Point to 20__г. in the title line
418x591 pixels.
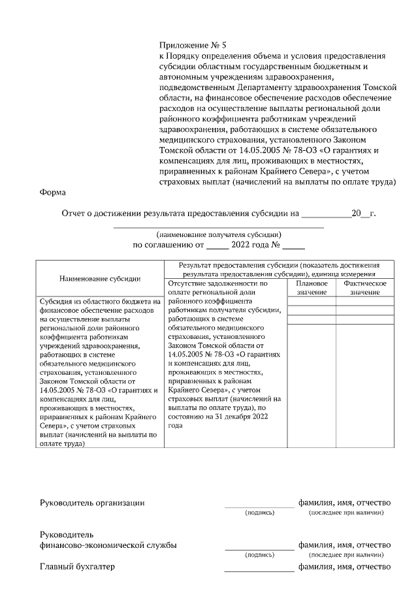tap(363, 213)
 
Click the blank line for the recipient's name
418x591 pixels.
tap(219, 226)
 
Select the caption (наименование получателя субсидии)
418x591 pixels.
tap(219, 234)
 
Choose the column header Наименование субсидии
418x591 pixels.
tap(100, 278)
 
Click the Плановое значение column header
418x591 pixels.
tap(312, 288)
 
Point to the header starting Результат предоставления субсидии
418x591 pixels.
tap(278, 270)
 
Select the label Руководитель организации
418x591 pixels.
tap(92, 503)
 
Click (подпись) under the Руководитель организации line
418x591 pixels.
tap(259, 513)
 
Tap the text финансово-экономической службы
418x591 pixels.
tap(108, 545)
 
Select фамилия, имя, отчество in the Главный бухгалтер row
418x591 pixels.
tap(344, 566)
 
